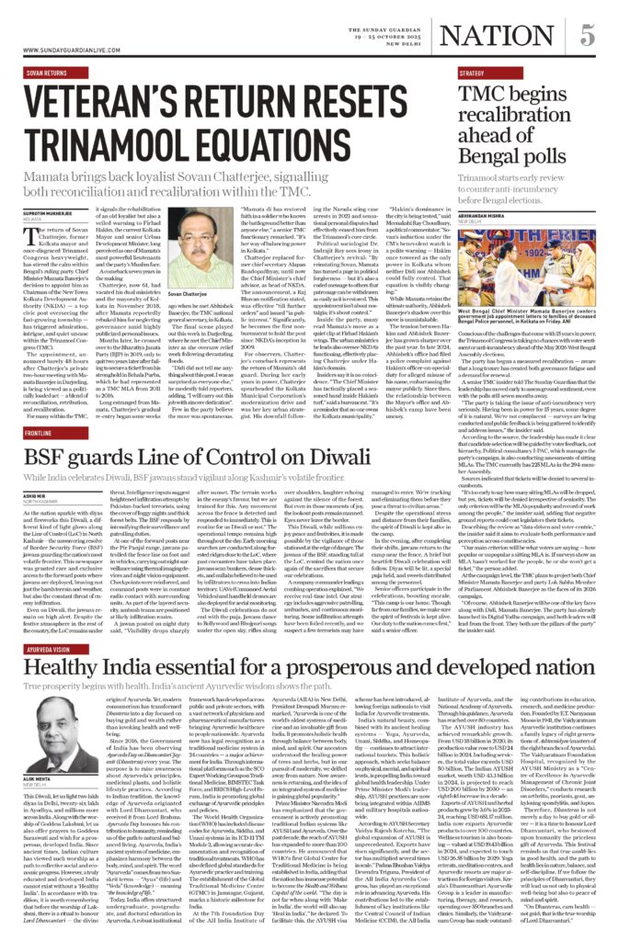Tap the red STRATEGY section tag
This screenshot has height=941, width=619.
pos(474,71)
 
